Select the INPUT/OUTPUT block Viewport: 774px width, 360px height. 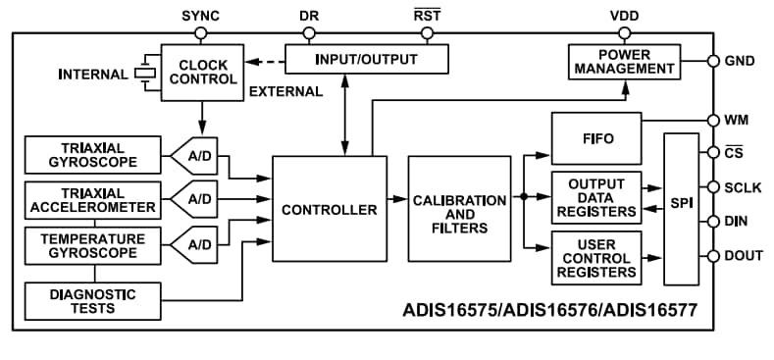tap(366, 59)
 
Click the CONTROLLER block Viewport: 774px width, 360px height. tap(329, 209)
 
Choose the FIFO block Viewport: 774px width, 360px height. tap(596, 138)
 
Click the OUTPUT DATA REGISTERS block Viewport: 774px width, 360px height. tap(596, 196)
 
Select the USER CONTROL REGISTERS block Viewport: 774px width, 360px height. tap(596, 257)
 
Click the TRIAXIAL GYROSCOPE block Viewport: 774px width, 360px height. tap(91, 154)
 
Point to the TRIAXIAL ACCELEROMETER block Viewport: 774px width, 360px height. tap(91, 199)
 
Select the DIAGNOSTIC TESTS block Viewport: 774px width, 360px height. tap(91, 300)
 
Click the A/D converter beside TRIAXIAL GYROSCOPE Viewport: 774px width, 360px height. tap(197, 154)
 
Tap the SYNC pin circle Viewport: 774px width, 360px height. tap(201, 32)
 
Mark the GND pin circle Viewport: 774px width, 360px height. tap(713, 61)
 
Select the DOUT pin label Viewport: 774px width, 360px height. tap(744, 255)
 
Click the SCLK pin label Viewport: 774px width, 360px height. tap(744, 186)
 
